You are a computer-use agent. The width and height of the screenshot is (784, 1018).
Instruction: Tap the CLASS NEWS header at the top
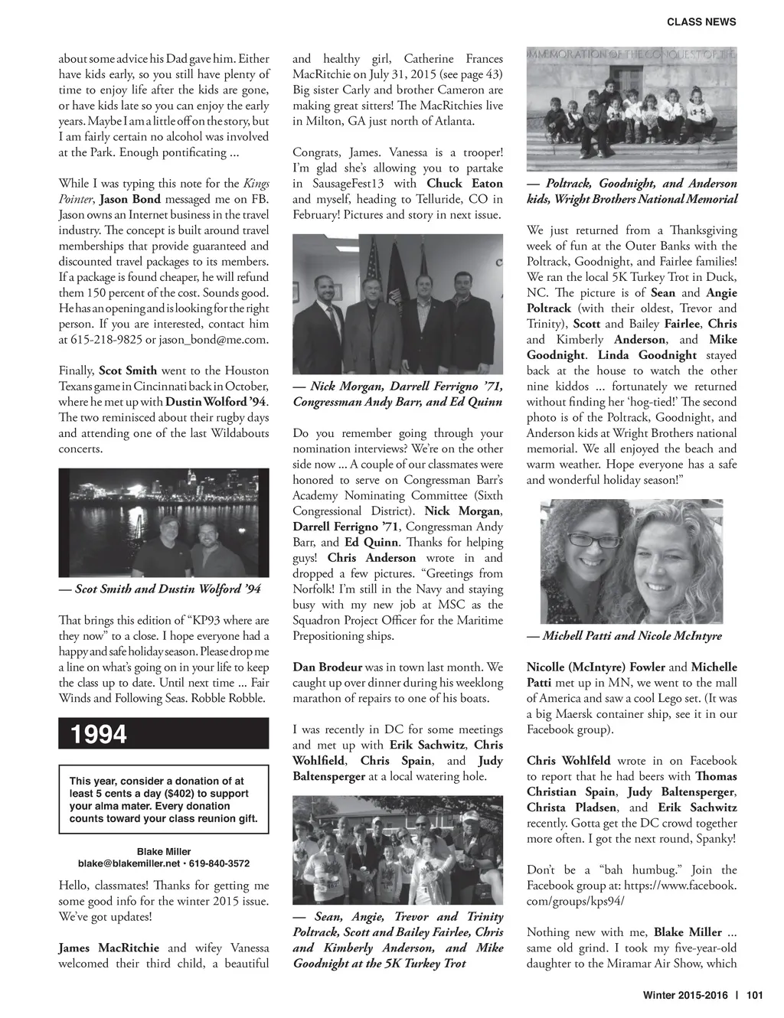tap(701, 22)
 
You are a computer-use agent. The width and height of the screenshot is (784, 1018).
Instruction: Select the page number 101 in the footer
tap(755, 995)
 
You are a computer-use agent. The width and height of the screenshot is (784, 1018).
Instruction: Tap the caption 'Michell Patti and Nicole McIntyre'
tap(624, 635)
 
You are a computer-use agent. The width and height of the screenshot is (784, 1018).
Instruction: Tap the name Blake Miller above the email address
tap(164, 851)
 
